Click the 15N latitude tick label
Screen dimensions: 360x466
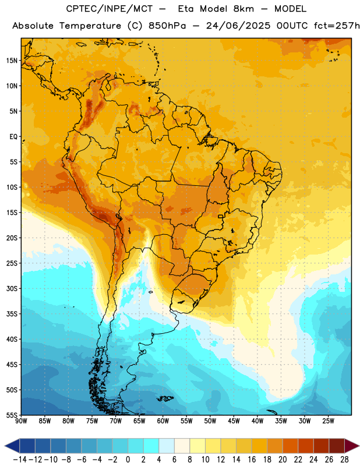pyautogui.click(x=12, y=61)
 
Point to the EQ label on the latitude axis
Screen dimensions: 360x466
pyautogui.click(x=13, y=137)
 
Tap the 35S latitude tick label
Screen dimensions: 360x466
pyautogui.click(x=12, y=314)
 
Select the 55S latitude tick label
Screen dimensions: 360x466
pyautogui.click(x=12, y=415)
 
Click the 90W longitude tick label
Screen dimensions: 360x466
pyautogui.click(x=21, y=421)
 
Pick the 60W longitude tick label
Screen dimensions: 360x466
pyautogui.click(x=163, y=421)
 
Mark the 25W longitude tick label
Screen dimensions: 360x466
pyautogui.click(x=328, y=421)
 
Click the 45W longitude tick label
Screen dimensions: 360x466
pyautogui.click(x=234, y=421)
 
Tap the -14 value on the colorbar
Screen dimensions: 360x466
pyautogui.click(x=20, y=460)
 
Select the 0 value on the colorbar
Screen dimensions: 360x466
pyautogui.click(x=128, y=460)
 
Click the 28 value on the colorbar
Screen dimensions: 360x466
pyautogui.click(x=344, y=460)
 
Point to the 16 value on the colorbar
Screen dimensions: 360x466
pyautogui.click(x=252, y=460)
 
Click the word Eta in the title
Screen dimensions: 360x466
pyautogui.click(x=186, y=9)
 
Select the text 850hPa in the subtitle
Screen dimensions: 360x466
pyautogui.click(x=167, y=26)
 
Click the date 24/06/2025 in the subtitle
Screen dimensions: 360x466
pyautogui.click(x=238, y=26)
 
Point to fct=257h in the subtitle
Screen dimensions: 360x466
pyautogui.click(x=337, y=26)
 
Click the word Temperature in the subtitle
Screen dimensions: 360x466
pyautogui.click(x=90, y=26)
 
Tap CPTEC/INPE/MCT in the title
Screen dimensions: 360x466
pyautogui.click(x=109, y=9)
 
